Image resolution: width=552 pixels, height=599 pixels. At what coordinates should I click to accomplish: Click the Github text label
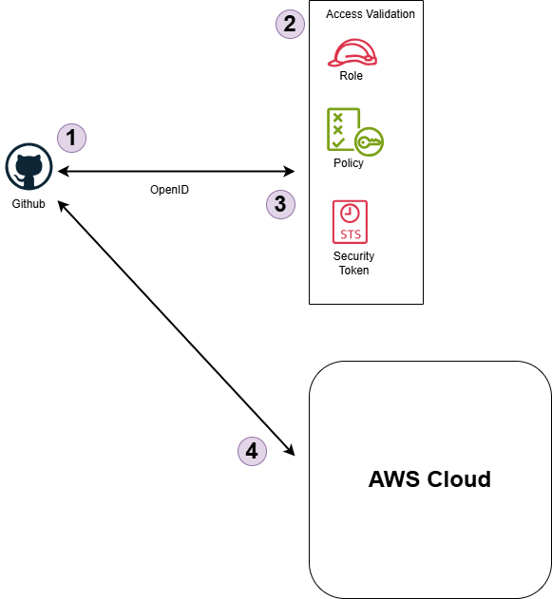tap(29, 204)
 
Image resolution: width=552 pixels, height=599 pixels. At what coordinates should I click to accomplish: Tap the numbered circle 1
tap(71, 138)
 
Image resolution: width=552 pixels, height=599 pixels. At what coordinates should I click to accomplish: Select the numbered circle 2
tap(289, 24)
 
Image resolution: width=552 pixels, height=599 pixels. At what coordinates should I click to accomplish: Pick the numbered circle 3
tap(280, 203)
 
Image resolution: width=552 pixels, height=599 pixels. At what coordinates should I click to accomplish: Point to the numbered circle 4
tap(252, 452)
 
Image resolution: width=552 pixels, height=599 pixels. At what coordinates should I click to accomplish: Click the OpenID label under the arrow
tap(170, 190)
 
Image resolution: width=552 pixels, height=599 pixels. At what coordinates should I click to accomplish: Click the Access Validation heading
tap(370, 14)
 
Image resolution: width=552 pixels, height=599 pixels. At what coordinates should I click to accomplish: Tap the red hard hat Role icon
tap(352, 52)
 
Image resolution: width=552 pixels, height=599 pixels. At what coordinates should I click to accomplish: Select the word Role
tap(352, 76)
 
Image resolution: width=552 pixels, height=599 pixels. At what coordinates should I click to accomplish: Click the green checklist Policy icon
tap(344, 129)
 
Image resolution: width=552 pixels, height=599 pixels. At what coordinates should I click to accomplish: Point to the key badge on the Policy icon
tap(369, 142)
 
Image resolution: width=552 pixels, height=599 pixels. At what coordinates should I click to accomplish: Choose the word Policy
tap(349, 163)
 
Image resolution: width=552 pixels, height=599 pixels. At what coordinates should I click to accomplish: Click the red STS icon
tap(351, 221)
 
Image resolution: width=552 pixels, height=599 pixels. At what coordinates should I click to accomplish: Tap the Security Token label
tap(353, 263)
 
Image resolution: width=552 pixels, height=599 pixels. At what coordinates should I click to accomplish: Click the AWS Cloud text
tap(429, 479)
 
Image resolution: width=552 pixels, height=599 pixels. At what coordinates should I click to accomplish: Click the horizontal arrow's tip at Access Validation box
tap(291, 172)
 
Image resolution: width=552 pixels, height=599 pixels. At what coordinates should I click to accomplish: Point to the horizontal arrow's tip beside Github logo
tap(61, 172)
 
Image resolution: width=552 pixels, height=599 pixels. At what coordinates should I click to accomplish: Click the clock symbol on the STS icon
tap(351, 212)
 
